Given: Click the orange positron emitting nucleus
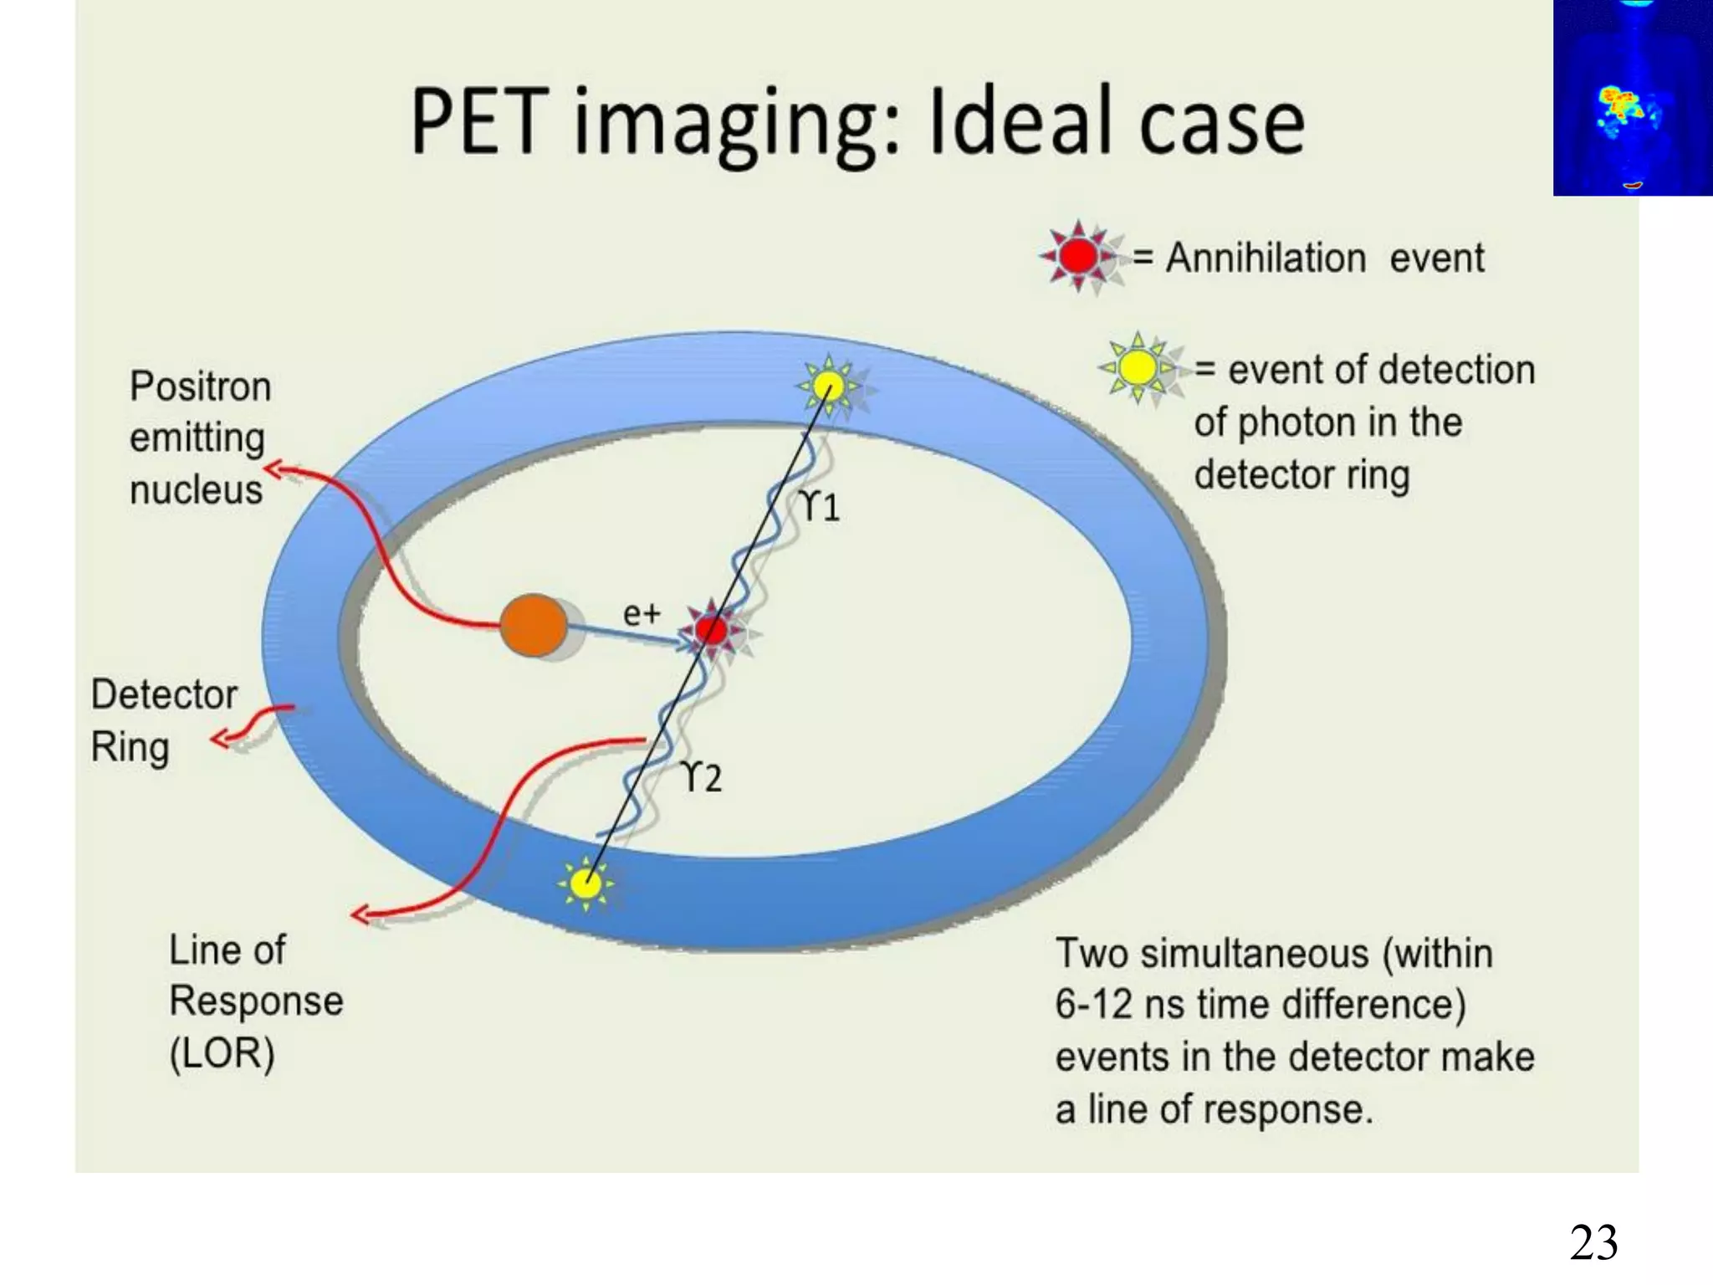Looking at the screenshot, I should pyautogui.click(x=533, y=625).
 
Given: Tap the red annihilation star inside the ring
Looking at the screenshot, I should pyautogui.click(x=712, y=630).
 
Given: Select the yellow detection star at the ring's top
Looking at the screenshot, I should pyautogui.click(x=828, y=387).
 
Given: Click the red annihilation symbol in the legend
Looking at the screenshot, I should pyautogui.click(x=1078, y=255).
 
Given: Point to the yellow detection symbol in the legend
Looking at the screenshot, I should pyautogui.click(x=1138, y=367).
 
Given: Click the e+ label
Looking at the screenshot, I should pyautogui.click(x=642, y=613).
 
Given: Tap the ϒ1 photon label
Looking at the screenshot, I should pyautogui.click(x=820, y=506).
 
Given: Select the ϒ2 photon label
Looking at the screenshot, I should pyautogui.click(x=702, y=777).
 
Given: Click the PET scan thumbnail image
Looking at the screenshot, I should pyautogui.click(x=1632, y=97).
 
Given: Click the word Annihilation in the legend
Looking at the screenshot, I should pyautogui.click(x=1266, y=258).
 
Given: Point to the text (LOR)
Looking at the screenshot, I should pyautogui.click(x=222, y=1053).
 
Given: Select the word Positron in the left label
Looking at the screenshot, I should pyautogui.click(x=201, y=387).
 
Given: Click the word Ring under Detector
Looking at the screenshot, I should pyautogui.click(x=130, y=747).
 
